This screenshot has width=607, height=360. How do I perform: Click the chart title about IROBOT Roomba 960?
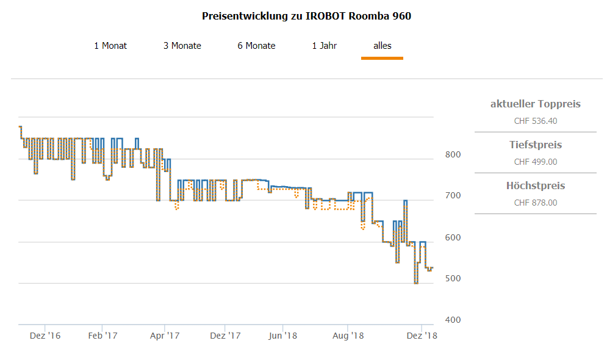[306, 16]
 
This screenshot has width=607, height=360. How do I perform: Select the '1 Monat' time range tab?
[110, 46]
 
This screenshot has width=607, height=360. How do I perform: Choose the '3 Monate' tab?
[182, 46]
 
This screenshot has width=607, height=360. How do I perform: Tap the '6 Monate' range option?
[256, 46]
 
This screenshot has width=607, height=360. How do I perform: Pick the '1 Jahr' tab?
[324, 46]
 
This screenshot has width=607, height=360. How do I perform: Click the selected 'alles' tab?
[383, 46]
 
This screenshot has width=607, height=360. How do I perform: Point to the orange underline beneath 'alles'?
[382, 58]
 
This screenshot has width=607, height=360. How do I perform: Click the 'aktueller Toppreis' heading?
[535, 104]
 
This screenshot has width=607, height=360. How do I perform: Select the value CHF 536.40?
[535, 121]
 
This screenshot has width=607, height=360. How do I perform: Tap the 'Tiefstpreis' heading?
[535, 145]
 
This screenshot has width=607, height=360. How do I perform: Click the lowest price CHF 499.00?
[535, 162]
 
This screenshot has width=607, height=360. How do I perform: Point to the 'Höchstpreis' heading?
[535, 185]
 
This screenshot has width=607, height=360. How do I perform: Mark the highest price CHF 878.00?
[535, 203]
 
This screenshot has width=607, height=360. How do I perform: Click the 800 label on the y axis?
[452, 154]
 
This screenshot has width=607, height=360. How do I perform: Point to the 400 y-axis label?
[452, 320]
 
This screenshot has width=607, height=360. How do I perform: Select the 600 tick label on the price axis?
[452, 237]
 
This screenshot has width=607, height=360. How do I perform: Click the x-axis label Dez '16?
[45, 336]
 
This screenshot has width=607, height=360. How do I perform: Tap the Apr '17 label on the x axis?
[165, 336]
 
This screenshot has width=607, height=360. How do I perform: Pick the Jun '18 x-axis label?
[283, 336]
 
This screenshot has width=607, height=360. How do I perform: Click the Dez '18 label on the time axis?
[422, 336]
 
